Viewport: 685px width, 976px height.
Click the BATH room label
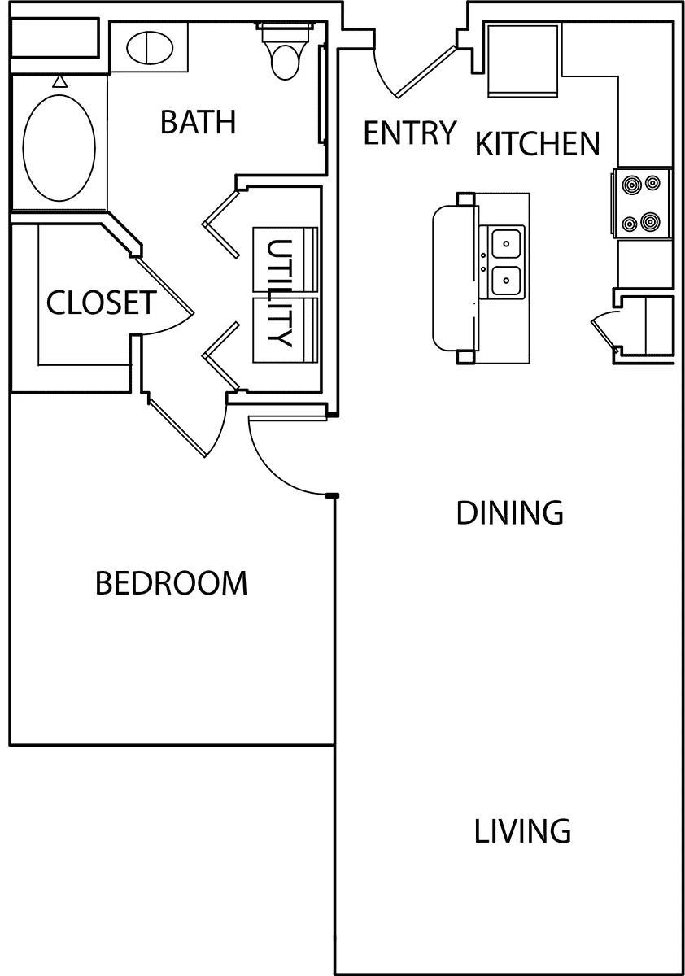[x=199, y=122]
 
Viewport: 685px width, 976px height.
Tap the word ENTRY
[x=409, y=133]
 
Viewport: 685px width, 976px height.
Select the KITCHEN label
[x=538, y=144]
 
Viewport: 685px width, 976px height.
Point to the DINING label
[x=510, y=513]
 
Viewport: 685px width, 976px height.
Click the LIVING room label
[x=522, y=831]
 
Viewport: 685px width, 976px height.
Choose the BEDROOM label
[x=171, y=583]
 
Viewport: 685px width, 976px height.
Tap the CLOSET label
[x=101, y=303]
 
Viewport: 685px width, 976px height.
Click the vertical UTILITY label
[x=279, y=293]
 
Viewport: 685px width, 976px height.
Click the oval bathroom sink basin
[x=150, y=47]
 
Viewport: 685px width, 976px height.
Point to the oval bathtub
[x=59, y=148]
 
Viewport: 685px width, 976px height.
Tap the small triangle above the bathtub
[x=60, y=81]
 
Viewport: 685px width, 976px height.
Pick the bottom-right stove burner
[x=651, y=222]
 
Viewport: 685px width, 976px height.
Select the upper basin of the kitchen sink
[x=506, y=244]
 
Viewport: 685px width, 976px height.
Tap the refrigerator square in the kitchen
[x=522, y=60]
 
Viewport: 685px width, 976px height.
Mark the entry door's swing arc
[x=381, y=77]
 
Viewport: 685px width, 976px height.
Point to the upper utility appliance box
[x=286, y=259]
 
